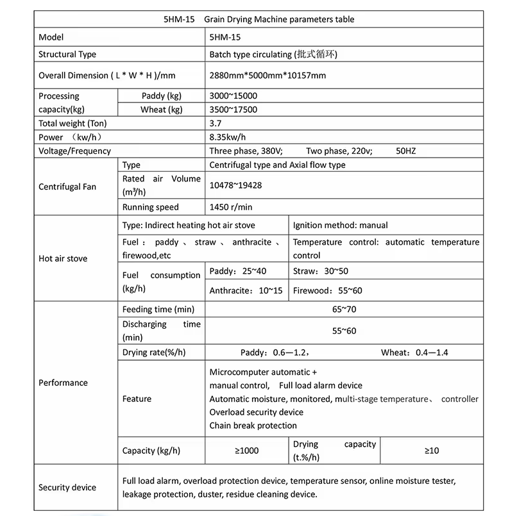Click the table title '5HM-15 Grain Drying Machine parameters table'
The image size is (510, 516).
point(259,19)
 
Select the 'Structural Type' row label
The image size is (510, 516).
point(67,54)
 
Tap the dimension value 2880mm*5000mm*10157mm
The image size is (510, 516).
point(268,76)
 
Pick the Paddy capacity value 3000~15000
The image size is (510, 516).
point(234,96)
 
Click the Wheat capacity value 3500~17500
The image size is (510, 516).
point(234,110)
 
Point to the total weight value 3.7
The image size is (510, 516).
point(216,124)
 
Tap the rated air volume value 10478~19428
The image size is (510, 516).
point(235,185)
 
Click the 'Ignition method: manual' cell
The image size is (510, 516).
point(340,226)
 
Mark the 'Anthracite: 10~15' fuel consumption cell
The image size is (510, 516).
point(246,290)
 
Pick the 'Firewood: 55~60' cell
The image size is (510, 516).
point(327,290)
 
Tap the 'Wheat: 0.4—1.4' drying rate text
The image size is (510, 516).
point(414,353)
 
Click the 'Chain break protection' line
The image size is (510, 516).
point(253,426)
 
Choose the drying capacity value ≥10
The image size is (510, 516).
point(431,451)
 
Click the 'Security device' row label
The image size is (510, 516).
point(67,488)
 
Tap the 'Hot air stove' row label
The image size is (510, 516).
point(63,259)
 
